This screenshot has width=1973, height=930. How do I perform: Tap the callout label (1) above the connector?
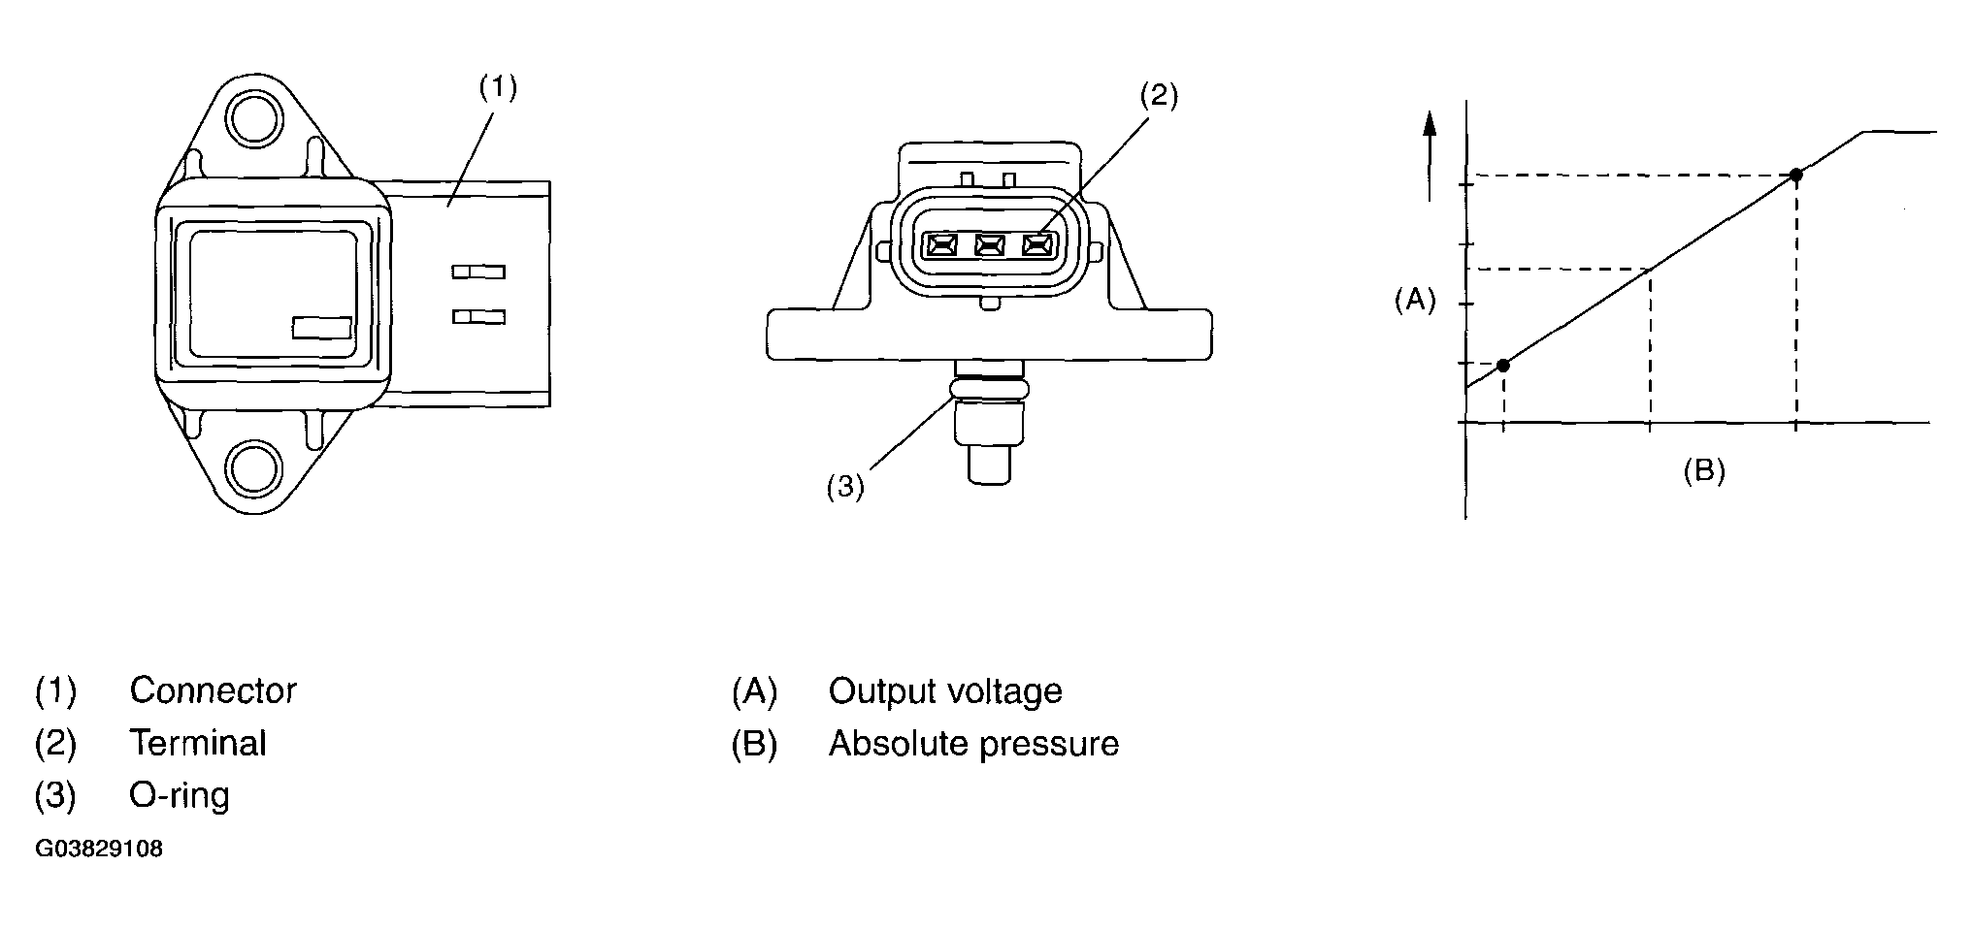[498, 88]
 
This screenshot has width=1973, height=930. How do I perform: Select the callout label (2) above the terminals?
[1158, 96]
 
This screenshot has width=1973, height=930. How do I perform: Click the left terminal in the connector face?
[940, 246]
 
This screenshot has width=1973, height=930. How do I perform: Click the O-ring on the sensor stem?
[989, 389]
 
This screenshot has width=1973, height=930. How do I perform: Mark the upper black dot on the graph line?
[1795, 175]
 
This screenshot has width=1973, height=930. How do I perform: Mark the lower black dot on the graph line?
[1503, 365]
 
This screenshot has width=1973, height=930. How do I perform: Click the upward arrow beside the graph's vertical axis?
[1429, 155]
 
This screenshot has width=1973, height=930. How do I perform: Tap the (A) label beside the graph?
[1415, 301]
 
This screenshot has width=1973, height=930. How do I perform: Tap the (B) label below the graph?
[1704, 471]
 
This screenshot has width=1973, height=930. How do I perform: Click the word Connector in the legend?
[213, 691]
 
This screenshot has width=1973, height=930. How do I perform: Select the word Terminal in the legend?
[197, 744]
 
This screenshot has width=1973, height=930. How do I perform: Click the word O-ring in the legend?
[180, 795]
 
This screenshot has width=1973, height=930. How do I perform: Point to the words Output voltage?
[945, 691]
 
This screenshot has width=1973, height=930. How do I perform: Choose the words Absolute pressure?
[973, 744]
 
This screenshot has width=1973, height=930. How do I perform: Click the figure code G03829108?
[99, 850]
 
